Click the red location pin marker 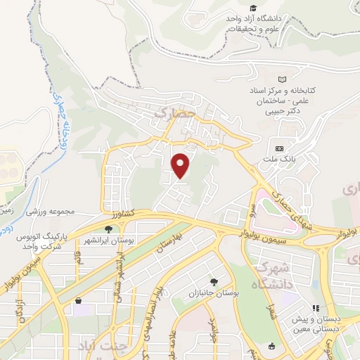point(181,165)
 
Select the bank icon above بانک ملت point(280,149)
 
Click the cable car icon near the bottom point(272,346)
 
